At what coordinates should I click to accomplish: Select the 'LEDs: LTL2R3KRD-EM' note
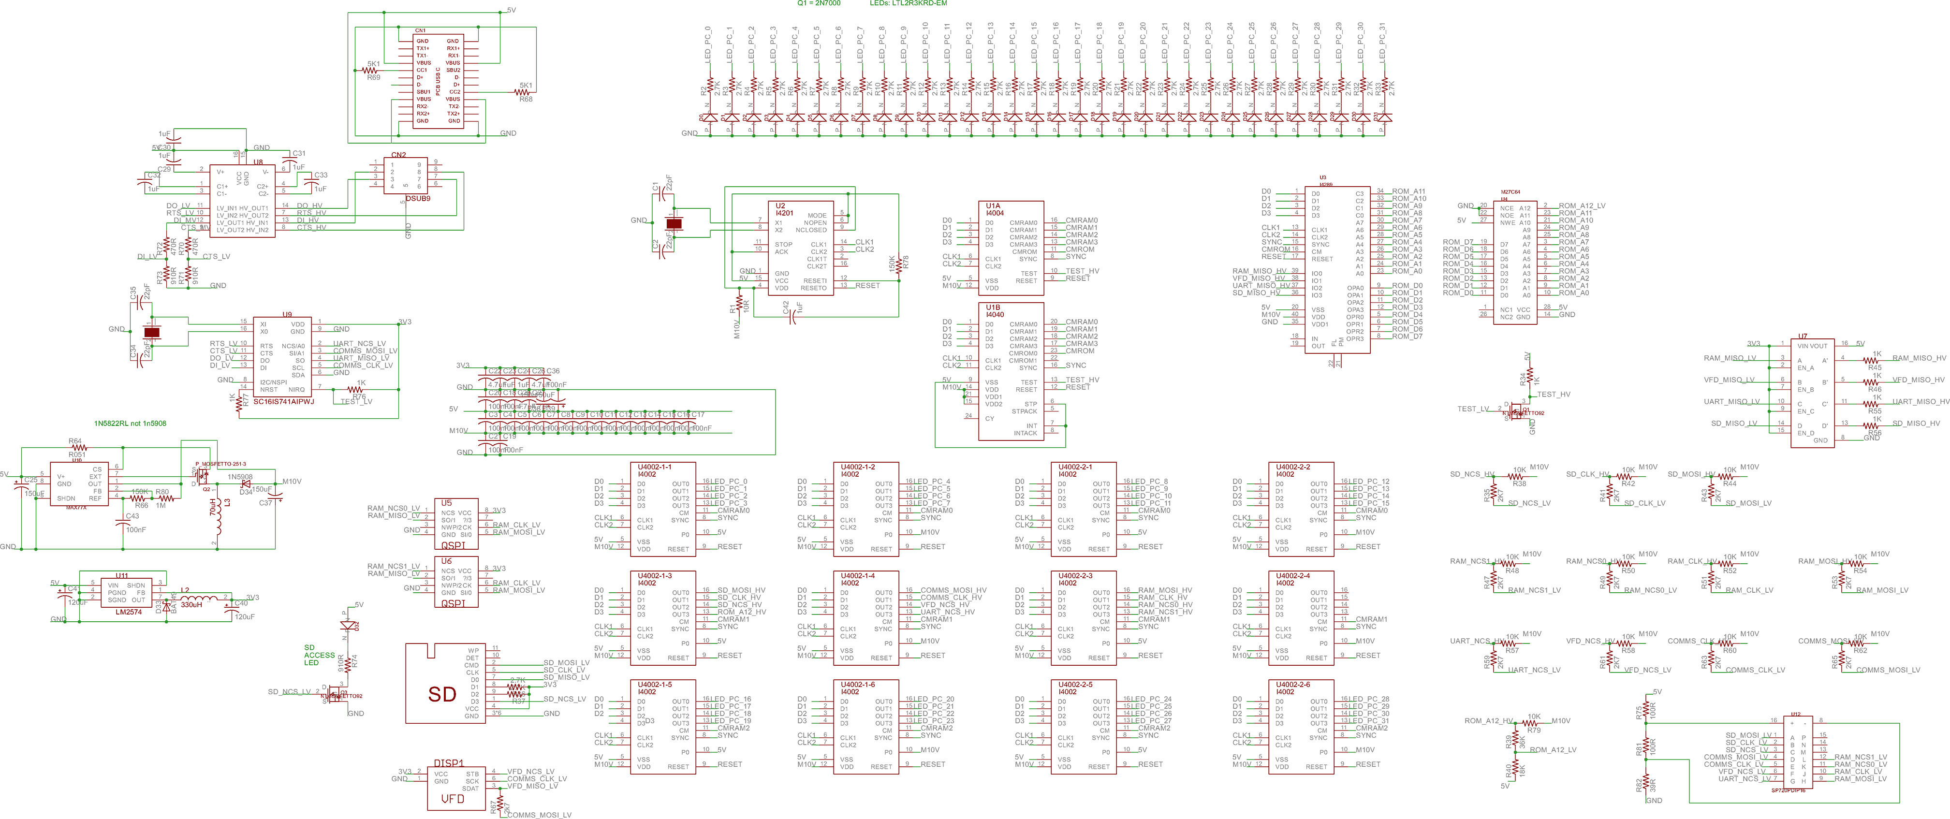click(x=908, y=3)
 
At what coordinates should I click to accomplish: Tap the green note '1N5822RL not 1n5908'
click(x=130, y=423)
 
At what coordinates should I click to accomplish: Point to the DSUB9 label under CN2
click(x=417, y=198)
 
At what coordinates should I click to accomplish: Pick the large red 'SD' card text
click(x=442, y=694)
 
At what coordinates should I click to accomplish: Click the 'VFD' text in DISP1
click(x=453, y=799)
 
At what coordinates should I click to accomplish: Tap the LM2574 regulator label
click(x=129, y=612)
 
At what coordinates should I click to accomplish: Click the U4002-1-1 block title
click(x=654, y=467)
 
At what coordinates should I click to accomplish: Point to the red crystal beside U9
click(x=152, y=332)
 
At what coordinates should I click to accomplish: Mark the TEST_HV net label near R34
click(x=1554, y=395)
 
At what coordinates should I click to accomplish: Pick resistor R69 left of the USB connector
click(x=373, y=71)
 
